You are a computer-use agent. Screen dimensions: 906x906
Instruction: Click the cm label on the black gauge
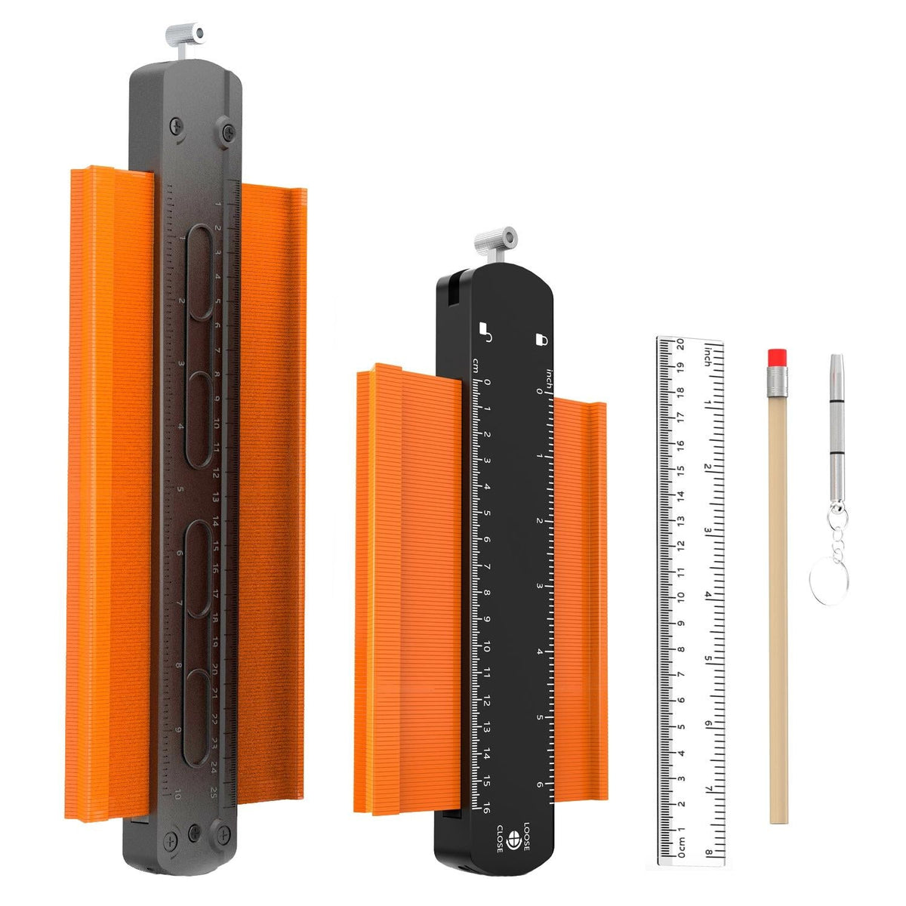[x=476, y=365]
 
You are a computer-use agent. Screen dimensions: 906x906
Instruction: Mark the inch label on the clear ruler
[x=707, y=354]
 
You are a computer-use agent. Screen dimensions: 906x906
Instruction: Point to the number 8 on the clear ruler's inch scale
[x=708, y=855]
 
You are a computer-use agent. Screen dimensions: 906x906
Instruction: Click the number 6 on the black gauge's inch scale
[x=540, y=784]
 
